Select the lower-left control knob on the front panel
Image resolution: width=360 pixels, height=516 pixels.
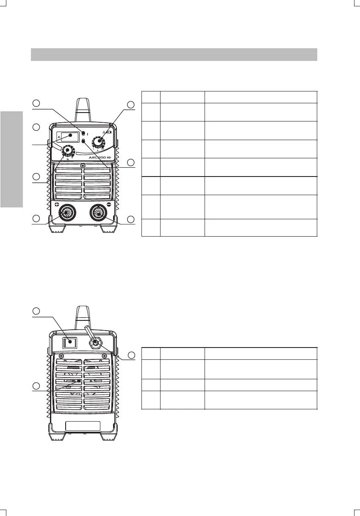(x=67, y=150)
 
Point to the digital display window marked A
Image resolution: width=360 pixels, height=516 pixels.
(x=68, y=136)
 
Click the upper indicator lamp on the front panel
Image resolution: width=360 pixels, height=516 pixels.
(x=83, y=133)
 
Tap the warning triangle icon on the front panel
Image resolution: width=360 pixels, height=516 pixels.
(x=103, y=132)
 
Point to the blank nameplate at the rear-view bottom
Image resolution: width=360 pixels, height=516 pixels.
(x=83, y=426)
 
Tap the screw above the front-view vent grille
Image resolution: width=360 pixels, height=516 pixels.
(x=83, y=165)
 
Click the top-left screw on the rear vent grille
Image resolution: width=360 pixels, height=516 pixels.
(x=62, y=356)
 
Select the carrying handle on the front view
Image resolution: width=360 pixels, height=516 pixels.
(x=83, y=110)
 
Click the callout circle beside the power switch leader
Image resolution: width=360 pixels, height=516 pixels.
(x=37, y=311)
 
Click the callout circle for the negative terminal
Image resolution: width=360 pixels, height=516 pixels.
(x=131, y=219)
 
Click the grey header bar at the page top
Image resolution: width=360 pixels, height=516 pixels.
(x=174, y=55)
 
